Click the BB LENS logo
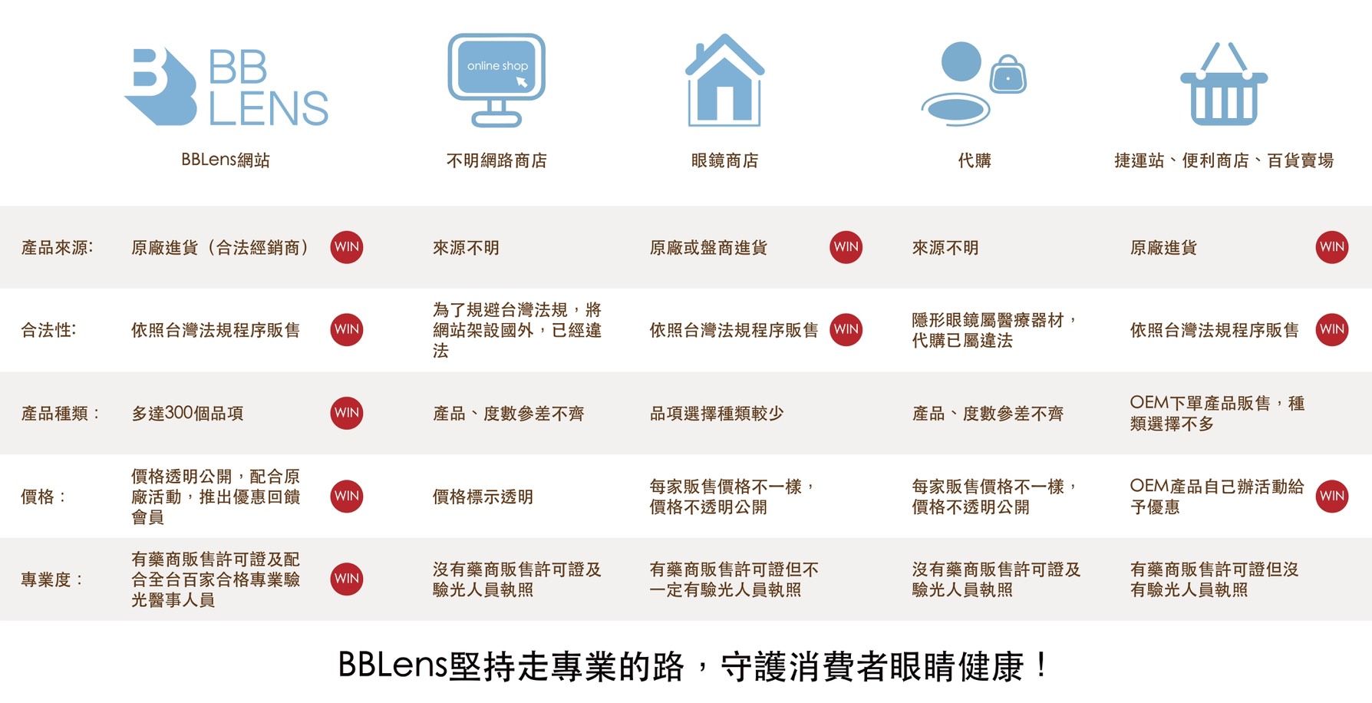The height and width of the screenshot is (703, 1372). (x=226, y=87)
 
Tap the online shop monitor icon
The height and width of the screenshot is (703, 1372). (x=496, y=80)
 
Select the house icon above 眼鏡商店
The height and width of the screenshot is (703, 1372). (x=724, y=80)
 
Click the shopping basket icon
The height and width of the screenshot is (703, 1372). (x=1224, y=84)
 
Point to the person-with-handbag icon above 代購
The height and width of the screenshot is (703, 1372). (x=974, y=83)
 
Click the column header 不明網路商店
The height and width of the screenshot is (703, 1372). (x=496, y=160)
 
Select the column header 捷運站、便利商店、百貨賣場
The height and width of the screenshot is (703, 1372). (x=1224, y=160)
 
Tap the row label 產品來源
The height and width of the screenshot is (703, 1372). (x=57, y=247)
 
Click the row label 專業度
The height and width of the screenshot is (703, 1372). (x=51, y=579)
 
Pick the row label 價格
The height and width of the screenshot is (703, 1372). (x=43, y=497)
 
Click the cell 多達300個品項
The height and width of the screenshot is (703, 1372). (x=187, y=413)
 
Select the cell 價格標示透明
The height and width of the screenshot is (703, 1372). (x=483, y=497)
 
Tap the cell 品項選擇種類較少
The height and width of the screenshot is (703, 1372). (x=717, y=413)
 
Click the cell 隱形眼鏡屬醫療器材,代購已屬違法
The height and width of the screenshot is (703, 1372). (x=994, y=330)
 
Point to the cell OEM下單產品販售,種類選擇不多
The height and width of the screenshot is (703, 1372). (x=1217, y=413)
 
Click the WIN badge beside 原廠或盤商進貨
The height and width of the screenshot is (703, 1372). (x=846, y=247)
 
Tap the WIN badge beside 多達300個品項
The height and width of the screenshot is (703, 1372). (x=347, y=413)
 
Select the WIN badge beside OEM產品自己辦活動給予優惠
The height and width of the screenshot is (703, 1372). (x=1332, y=496)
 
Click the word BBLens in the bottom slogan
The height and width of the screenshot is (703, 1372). (x=392, y=665)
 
